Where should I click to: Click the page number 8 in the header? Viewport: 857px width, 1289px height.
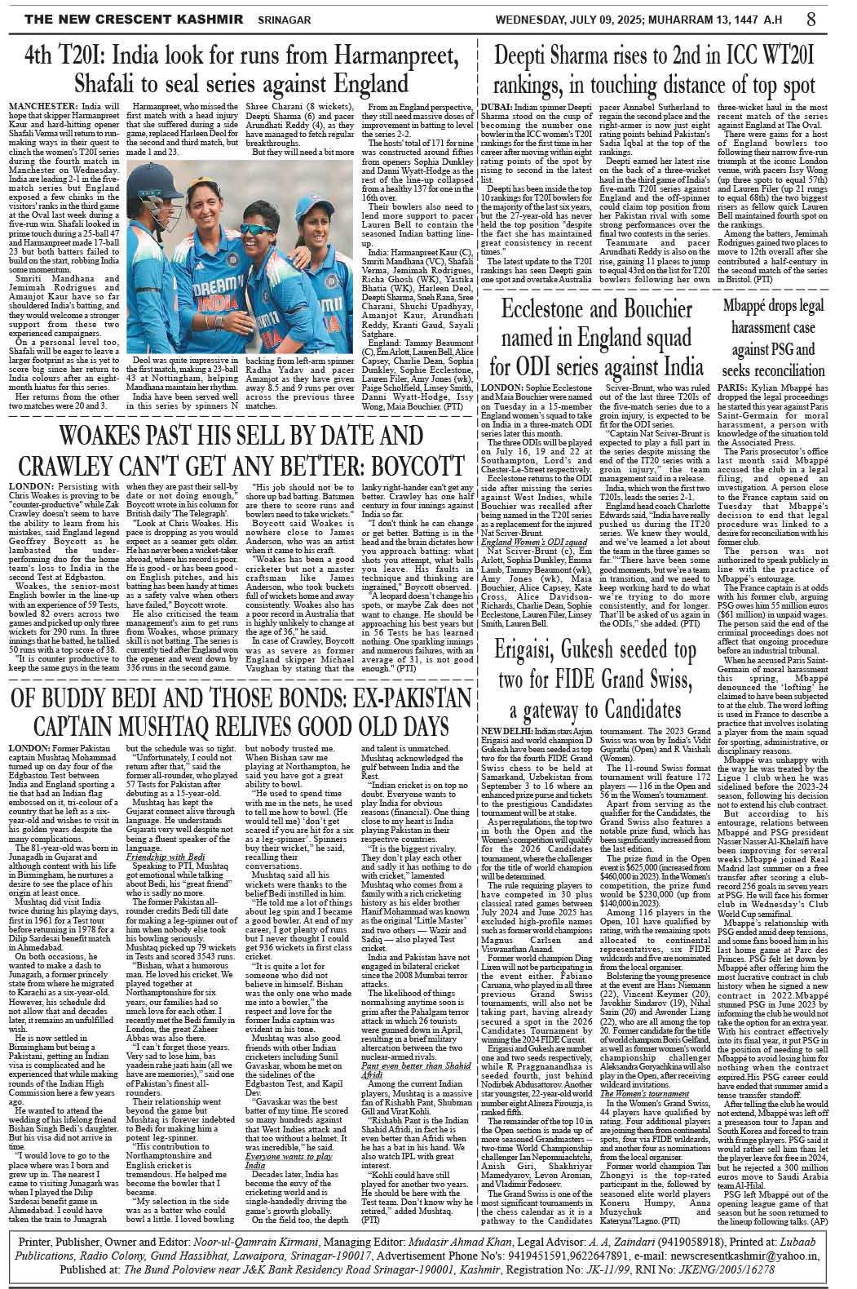coord(834,17)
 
